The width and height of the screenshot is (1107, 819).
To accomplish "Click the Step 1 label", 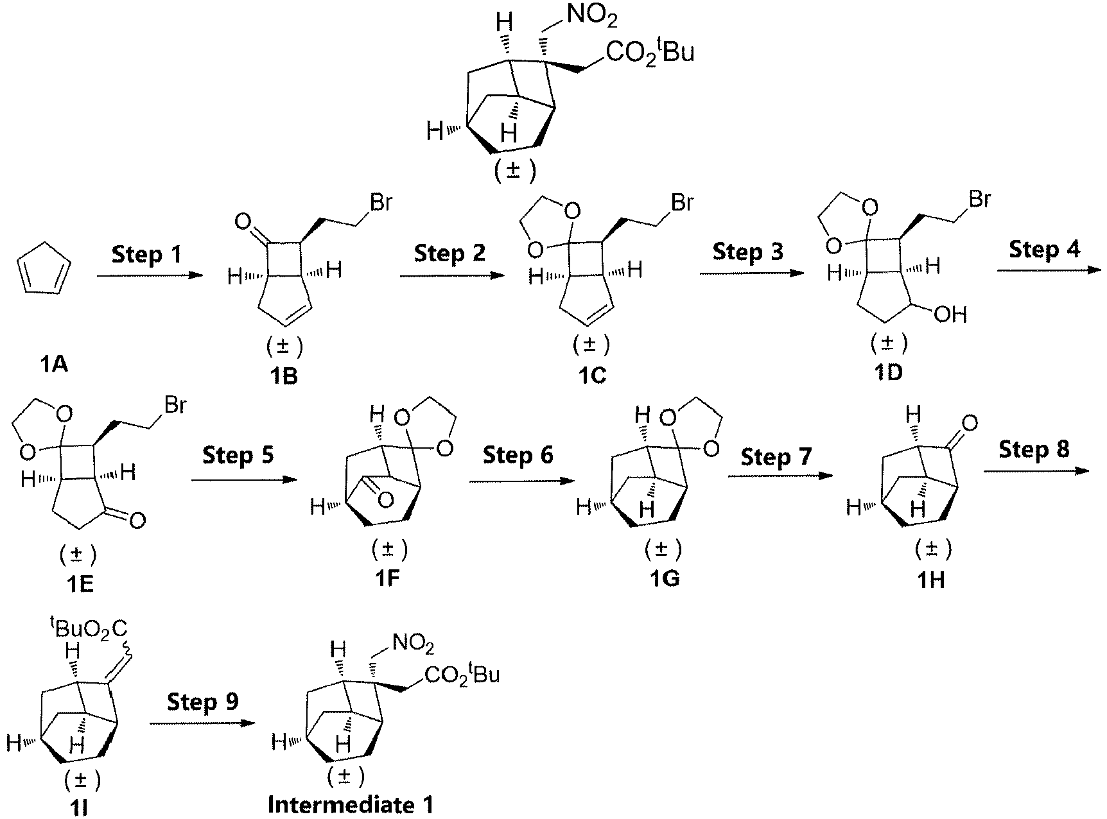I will point(146,254).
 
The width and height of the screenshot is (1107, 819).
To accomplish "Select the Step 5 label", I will point(238,455).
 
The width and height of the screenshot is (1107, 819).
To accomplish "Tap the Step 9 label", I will point(202,702).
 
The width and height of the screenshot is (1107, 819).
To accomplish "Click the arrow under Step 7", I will point(780,476).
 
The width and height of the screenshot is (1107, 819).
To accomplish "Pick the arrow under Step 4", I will point(1049,270).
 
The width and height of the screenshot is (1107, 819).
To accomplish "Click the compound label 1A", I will point(53,365).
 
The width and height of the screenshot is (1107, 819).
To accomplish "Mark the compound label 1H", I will point(930,580).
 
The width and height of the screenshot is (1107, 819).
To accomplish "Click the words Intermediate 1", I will point(351,804).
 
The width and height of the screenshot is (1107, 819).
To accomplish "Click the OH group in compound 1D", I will point(951,315).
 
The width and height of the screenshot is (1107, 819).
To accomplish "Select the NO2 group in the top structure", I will point(592,17).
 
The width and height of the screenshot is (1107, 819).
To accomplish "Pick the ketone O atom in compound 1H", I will point(970,423).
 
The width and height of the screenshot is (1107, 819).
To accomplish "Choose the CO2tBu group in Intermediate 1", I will point(461,675).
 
